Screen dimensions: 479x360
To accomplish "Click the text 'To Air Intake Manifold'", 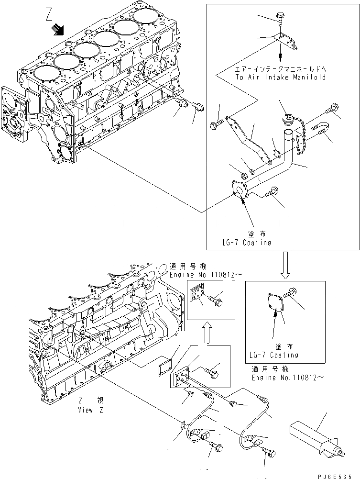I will coord(280,77).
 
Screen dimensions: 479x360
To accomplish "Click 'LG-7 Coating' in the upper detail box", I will coord(247,242).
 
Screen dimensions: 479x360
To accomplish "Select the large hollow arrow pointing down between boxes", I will coord(285,267).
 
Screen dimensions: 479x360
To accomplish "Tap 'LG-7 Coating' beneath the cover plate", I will coord(274,355).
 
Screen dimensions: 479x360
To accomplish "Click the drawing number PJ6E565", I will coord(340,473).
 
